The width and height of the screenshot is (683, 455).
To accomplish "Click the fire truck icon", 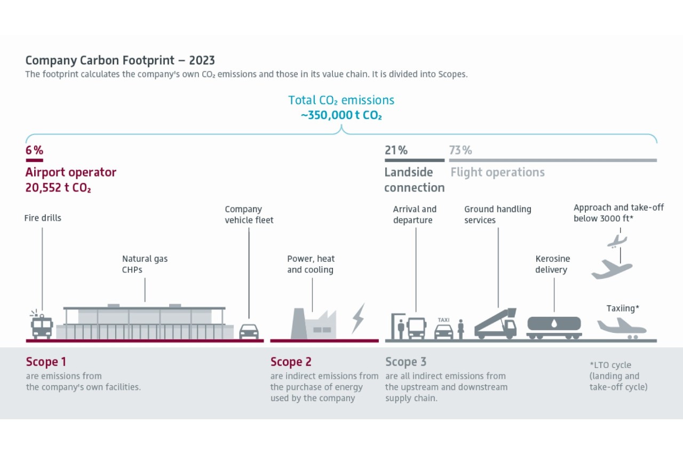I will pyautogui.click(x=42, y=325).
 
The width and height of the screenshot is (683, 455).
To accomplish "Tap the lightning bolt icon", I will pyautogui.click(x=358, y=318).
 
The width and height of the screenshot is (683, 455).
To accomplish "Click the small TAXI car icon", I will pyautogui.click(x=443, y=331).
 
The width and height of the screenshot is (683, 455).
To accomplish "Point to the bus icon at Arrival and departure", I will pyautogui.click(x=416, y=328).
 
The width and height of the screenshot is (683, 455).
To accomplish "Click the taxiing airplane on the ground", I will pyautogui.click(x=622, y=326).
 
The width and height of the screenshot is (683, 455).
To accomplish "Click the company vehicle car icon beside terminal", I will pyautogui.click(x=249, y=331).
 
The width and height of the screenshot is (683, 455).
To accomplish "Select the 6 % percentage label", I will pyautogui.click(x=34, y=150).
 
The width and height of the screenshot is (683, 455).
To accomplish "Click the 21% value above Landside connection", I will pyautogui.click(x=396, y=150).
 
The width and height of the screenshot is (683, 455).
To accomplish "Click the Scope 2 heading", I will pyautogui.click(x=290, y=362).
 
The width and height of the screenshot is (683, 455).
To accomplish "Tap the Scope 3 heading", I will pyautogui.click(x=406, y=362).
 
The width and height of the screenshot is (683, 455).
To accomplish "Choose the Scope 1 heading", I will pyautogui.click(x=46, y=362).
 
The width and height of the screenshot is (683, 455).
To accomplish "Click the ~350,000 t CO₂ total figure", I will pyautogui.click(x=341, y=115).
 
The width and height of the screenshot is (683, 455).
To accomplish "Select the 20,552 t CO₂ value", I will pyautogui.click(x=58, y=188).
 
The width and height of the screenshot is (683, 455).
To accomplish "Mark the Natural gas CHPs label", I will pyautogui.click(x=145, y=264).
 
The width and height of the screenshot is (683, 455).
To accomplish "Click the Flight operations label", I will pyautogui.click(x=497, y=172).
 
